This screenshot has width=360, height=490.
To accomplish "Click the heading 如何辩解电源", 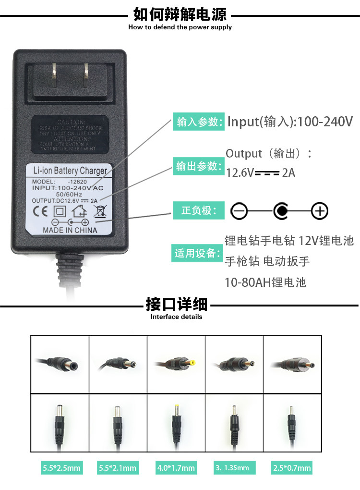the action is [180, 14].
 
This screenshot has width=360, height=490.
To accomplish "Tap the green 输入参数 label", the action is [198, 122].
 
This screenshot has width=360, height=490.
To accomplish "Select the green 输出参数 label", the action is [198, 166].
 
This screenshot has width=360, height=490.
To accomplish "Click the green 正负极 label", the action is [198, 210].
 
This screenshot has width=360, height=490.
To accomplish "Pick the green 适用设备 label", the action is [198, 253].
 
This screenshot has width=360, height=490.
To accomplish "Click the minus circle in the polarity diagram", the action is [239, 210].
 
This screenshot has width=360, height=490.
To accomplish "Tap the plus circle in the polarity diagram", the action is [320, 210].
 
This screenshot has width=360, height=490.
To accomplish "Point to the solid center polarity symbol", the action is [280, 210].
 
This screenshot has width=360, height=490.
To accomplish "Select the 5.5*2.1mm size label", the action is [118, 467].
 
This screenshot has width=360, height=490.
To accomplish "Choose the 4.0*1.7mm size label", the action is [176, 467].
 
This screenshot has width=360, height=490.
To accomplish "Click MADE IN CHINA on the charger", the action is [70, 230].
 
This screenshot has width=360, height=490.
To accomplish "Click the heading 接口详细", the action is [176, 305].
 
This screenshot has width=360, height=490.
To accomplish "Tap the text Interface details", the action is [176, 317].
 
